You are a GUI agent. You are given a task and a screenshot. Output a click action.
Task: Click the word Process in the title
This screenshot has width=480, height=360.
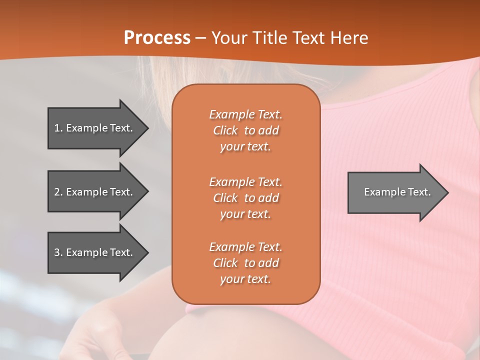[x=157, y=38]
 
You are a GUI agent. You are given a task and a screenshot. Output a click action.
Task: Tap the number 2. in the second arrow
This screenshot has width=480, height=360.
[x=58, y=192]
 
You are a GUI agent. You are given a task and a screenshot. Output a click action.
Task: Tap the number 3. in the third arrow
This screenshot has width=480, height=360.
[x=58, y=252]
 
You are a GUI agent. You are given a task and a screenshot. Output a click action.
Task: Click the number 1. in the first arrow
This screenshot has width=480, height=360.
[x=58, y=128]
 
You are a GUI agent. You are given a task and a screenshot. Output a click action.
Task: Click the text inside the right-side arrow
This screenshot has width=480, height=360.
[x=397, y=192]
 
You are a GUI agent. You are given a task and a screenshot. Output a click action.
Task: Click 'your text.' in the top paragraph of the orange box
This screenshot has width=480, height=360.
[x=245, y=147]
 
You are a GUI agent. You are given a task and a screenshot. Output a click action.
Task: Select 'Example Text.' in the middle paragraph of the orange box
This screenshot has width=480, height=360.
[x=245, y=182]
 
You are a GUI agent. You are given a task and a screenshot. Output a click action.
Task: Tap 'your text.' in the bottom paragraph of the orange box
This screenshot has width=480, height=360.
[x=245, y=279]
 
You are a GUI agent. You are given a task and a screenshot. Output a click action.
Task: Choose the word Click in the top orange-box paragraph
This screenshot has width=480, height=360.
[x=225, y=131]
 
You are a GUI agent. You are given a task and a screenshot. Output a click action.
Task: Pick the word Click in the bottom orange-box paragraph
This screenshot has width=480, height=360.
[x=225, y=263]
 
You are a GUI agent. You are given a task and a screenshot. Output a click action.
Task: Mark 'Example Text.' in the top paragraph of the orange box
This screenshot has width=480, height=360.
[x=245, y=114]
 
